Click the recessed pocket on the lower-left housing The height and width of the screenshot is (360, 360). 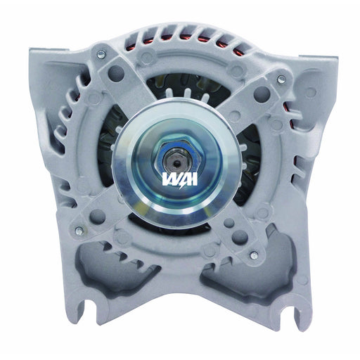105,271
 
